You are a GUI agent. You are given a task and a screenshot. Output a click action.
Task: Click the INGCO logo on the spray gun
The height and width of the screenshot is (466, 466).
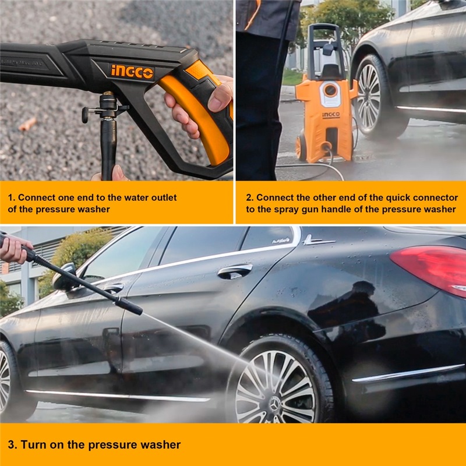pos(132,72)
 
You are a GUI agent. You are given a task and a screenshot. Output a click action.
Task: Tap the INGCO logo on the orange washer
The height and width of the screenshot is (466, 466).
pos(331,115)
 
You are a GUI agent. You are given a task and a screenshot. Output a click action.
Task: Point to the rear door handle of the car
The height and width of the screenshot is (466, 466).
pos(235,271)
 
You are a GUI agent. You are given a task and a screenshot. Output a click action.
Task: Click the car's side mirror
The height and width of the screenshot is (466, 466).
pos(64,277)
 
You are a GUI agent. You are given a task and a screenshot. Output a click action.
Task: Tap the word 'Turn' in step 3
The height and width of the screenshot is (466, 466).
pos(33,444)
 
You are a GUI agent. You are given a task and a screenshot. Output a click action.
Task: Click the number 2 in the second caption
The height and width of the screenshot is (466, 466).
pos(249,197)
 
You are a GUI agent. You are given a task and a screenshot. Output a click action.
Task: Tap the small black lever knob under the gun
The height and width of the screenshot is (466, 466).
pos(85,115)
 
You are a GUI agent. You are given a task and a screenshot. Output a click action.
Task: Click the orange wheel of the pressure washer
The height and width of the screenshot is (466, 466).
pos(300,147)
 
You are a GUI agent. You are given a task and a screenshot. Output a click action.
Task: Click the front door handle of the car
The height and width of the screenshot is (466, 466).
pos(114,288)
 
